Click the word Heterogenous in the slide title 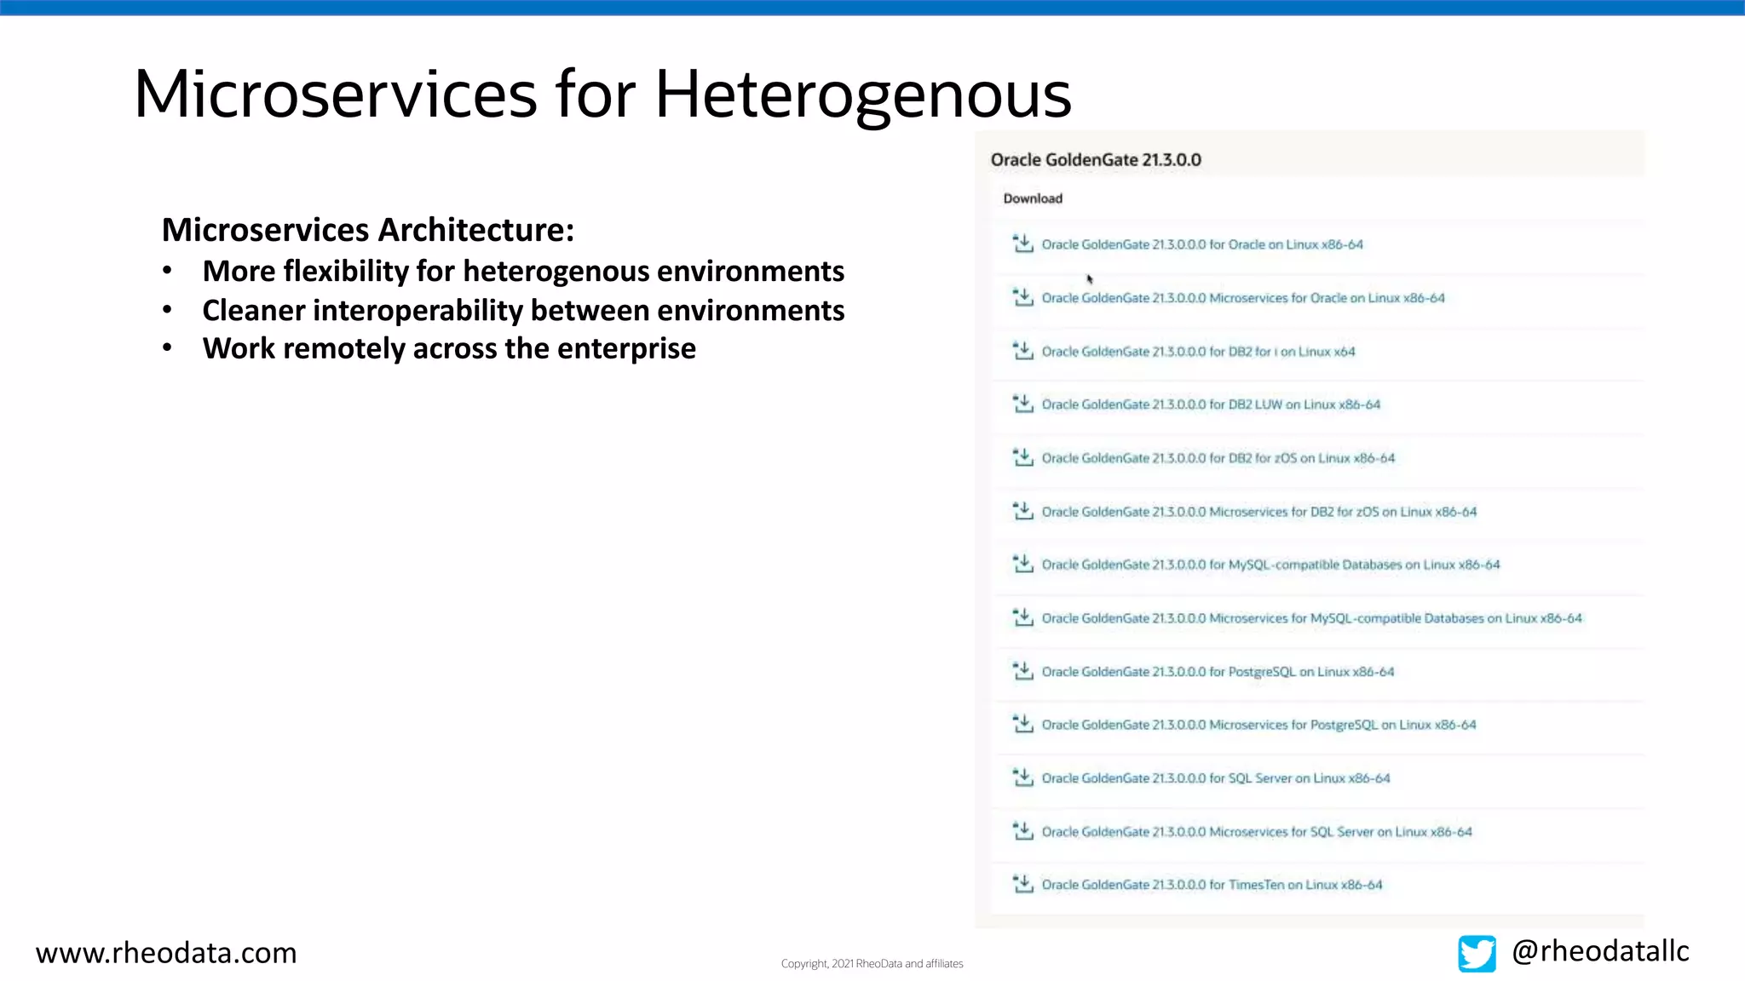[x=862, y=95]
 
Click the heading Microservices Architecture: [x=368, y=230]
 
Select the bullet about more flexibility [x=523, y=271]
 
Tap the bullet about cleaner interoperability [x=523, y=310]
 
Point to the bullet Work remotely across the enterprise [x=449, y=348]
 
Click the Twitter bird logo [x=1477, y=953]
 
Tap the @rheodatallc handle [x=1600, y=950]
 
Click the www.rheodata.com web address [x=166, y=952]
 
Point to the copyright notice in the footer [x=872, y=963]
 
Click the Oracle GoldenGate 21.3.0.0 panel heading [x=1096, y=160]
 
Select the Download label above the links [x=1033, y=198]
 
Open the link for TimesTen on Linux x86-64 [x=1212, y=885]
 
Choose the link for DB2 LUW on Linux [x=1211, y=404]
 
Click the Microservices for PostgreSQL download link [x=1258, y=725]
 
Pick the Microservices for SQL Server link [x=1257, y=832]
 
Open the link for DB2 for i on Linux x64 [x=1198, y=352]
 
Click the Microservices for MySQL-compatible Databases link [x=1311, y=618]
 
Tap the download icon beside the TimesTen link [x=1022, y=884]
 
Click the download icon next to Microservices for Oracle [x=1022, y=297]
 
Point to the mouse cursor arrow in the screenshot [x=1090, y=278]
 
